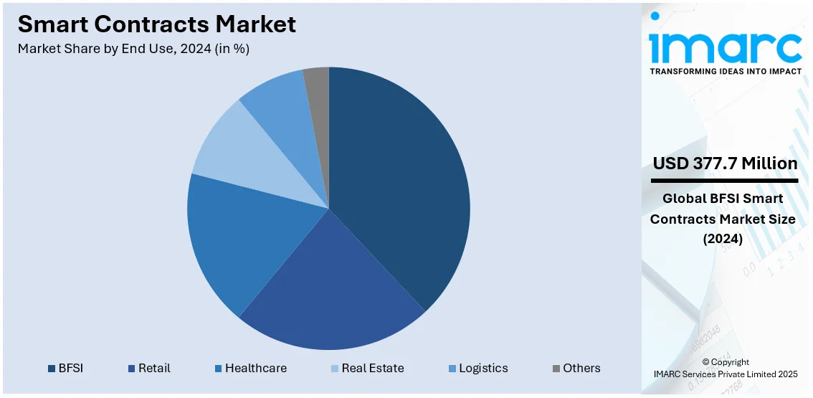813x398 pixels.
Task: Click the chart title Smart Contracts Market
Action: coord(156,24)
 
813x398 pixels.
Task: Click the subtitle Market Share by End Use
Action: coord(133,49)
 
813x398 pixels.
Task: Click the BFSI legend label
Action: coord(72,368)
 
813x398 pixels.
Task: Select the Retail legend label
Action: coord(154,368)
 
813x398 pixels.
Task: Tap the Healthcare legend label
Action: coord(255,368)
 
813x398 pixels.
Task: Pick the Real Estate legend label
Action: coord(372,368)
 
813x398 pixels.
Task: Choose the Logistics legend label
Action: coord(483,368)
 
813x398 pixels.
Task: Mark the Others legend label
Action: coord(581,368)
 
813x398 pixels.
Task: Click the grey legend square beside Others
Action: coord(556,369)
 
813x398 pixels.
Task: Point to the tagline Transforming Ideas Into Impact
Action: coord(725,72)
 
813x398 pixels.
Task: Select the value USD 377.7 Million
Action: coord(725,164)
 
